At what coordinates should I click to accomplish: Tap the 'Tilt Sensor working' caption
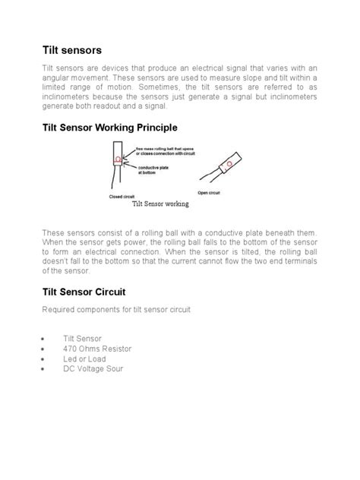point(160,204)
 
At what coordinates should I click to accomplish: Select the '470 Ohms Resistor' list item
point(97,349)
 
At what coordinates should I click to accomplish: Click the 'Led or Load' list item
point(84,358)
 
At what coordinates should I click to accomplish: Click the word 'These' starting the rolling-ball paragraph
point(54,230)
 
